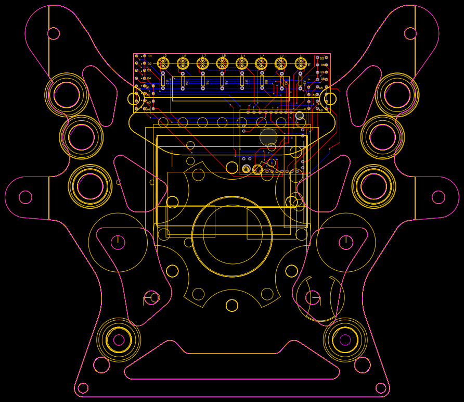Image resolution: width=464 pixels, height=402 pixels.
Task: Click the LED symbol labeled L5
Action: click(163, 64)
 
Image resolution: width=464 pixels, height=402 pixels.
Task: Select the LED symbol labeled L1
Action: click(301, 64)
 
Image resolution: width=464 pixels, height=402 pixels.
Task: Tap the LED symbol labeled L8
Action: click(222, 64)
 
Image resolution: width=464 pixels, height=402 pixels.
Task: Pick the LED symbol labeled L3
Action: click(261, 64)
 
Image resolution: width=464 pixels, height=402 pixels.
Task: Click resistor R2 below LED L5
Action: click(163, 81)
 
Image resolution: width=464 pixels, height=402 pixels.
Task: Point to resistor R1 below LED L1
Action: click(300, 81)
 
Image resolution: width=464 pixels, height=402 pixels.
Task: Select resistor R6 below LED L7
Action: click(203, 81)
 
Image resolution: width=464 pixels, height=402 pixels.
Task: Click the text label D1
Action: click(150, 56)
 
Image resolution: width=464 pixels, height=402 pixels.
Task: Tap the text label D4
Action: click(149, 79)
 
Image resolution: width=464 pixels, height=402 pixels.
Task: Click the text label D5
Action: click(322, 58)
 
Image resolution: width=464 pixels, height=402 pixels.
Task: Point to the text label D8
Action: click(322, 79)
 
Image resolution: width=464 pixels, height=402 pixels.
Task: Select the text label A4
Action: click(148, 110)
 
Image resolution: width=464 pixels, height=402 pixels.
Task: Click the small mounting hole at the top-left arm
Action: click(54, 33)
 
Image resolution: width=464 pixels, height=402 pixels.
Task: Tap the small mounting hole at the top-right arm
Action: click(410, 33)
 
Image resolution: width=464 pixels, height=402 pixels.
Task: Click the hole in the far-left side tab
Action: click(25, 197)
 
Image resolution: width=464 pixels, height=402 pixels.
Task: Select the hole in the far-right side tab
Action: click(439, 197)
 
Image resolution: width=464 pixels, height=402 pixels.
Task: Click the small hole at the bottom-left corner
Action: click(83, 388)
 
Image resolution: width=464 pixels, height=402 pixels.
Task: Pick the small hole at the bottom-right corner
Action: click(381, 388)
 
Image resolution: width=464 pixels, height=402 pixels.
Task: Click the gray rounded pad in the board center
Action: click(268, 137)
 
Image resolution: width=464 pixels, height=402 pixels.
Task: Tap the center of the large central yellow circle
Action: click(232, 236)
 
